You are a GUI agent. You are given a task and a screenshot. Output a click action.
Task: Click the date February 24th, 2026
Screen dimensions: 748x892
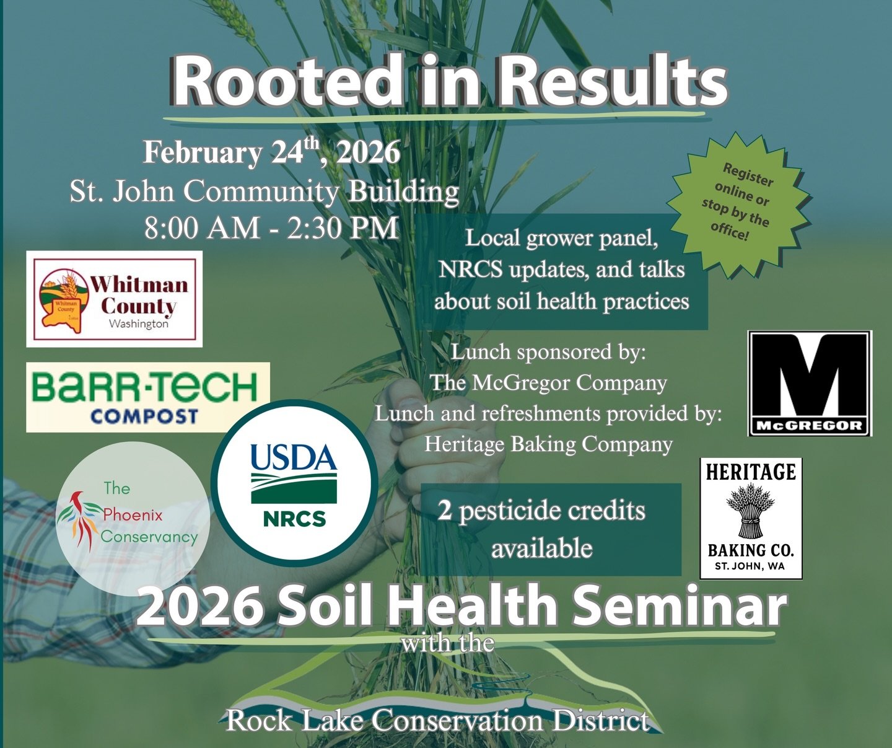tap(271, 152)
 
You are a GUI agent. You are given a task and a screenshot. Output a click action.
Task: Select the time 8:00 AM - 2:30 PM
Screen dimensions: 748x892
tap(271, 227)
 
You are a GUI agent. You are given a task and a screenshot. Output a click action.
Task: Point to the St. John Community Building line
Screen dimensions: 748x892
tap(265, 191)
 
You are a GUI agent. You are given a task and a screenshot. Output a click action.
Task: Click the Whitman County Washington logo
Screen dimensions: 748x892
tap(115, 299)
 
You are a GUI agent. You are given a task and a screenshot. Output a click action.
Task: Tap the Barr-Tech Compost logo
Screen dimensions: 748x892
tap(148, 397)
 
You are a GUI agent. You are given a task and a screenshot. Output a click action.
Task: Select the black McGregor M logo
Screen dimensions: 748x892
tap(810, 384)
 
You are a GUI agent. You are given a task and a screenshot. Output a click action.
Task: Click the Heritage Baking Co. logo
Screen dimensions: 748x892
tap(751, 519)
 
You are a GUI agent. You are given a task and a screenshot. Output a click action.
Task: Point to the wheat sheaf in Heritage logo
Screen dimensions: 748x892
tap(751, 511)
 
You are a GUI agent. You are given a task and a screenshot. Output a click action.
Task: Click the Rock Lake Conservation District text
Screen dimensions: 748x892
tap(437, 720)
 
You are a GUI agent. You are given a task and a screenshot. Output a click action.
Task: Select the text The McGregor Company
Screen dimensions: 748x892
tap(549, 382)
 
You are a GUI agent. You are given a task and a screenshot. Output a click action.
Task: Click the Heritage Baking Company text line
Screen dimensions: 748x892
tap(549, 444)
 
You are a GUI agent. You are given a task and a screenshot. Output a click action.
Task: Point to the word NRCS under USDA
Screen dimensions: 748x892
tap(294, 518)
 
